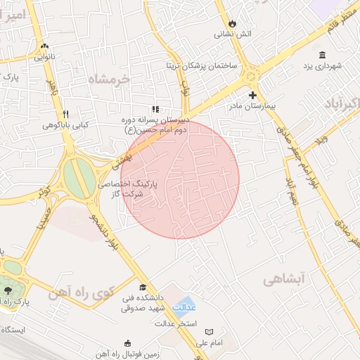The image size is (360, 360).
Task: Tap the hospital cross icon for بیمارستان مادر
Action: [x=252, y=95]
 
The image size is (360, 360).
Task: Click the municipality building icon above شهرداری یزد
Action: [x=322, y=55]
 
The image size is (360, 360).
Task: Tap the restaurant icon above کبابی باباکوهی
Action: [x=65, y=114]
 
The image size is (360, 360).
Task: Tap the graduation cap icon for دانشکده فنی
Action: [x=143, y=288]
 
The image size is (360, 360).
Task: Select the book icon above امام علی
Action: [x=209, y=331]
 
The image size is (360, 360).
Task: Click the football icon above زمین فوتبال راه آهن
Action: [x=127, y=343]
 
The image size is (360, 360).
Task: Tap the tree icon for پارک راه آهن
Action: [x=8, y=290]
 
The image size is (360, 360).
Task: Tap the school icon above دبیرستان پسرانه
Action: [x=155, y=109]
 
